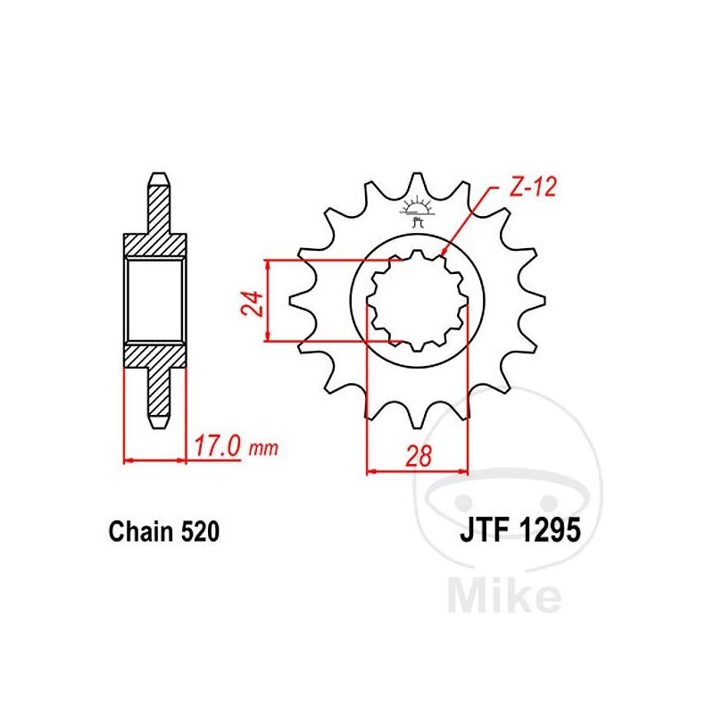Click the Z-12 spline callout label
click(532, 187)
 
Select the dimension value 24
click(253, 303)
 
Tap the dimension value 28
click(418, 455)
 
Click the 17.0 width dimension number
click(217, 446)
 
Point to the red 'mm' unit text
click(263, 450)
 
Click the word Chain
click(141, 531)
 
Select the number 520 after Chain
click(200, 531)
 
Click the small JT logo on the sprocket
click(415, 211)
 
